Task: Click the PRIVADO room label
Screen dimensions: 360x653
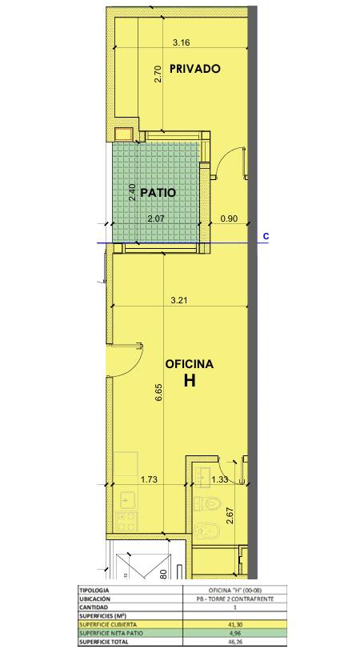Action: [x=194, y=69]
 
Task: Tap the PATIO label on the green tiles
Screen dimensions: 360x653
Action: [x=158, y=193]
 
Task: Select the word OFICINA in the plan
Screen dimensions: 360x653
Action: [x=190, y=364]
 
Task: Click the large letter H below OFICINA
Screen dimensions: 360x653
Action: [x=190, y=381]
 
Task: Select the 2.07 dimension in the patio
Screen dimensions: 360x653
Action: [x=157, y=218]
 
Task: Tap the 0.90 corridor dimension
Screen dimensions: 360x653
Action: [x=229, y=218]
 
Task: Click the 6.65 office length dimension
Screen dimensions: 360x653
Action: [x=158, y=393]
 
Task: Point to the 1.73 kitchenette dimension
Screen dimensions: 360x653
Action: [x=149, y=479]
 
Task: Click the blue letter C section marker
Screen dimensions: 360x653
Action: [x=266, y=237]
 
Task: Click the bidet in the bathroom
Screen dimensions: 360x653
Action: [x=206, y=528]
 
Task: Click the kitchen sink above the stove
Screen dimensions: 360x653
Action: [x=128, y=499]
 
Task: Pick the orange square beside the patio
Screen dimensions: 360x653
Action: [x=124, y=134]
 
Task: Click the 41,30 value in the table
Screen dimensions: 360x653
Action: [x=234, y=624]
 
